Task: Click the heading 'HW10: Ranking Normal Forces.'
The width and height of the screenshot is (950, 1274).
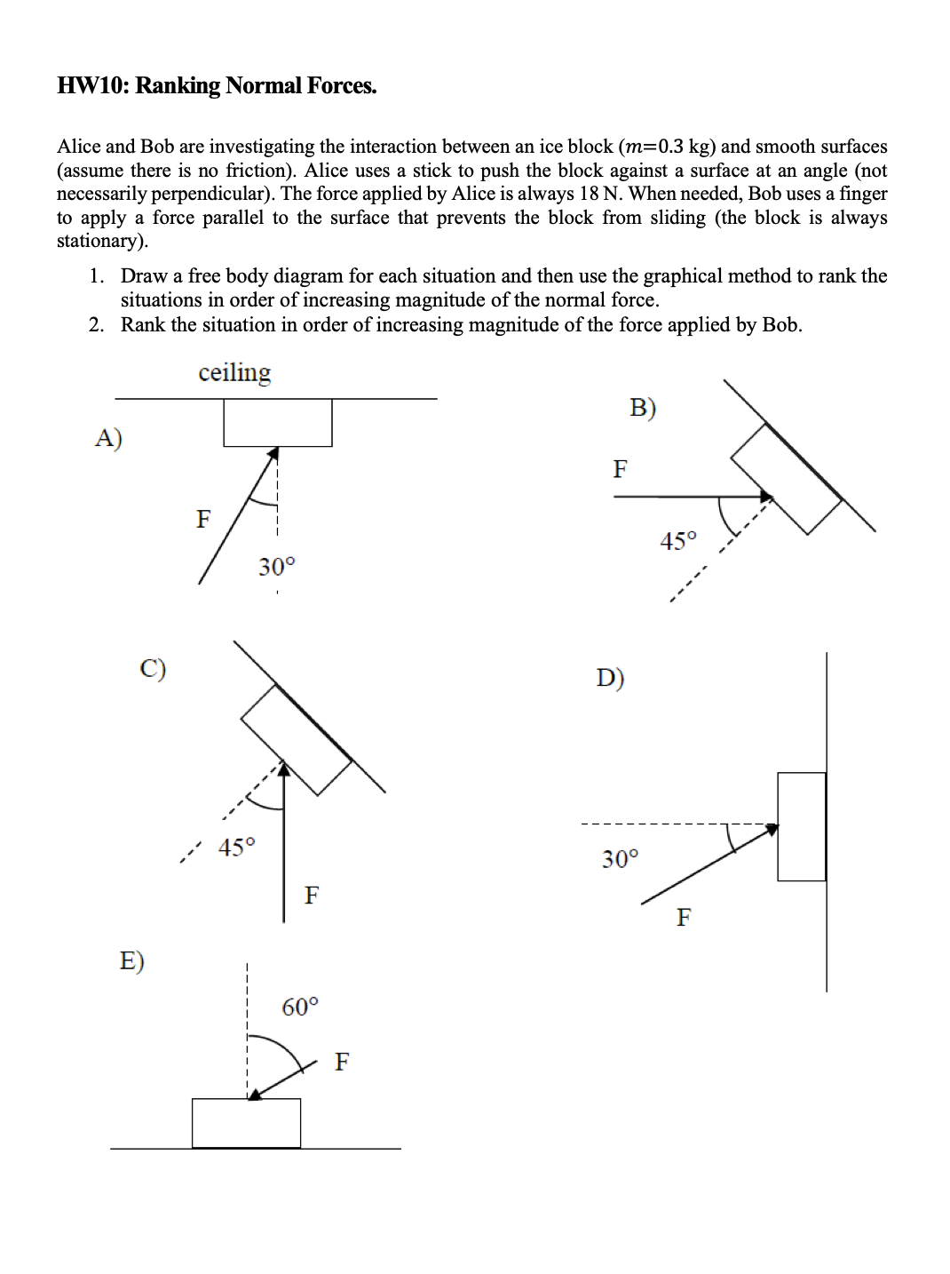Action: (x=217, y=86)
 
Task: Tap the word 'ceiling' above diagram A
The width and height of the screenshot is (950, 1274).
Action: (x=234, y=372)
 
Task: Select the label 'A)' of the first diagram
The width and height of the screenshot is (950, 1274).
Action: (x=108, y=438)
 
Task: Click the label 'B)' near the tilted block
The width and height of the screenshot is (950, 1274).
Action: (x=643, y=408)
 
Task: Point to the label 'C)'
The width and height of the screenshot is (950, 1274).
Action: (x=153, y=668)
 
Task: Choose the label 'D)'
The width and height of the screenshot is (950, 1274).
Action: (x=610, y=679)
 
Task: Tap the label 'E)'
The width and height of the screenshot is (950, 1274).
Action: (x=131, y=960)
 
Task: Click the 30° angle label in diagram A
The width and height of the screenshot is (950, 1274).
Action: (x=276, y=567)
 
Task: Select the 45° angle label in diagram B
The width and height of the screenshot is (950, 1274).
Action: (x=678, y=541)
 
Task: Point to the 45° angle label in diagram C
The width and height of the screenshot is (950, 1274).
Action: (x=236, y=848)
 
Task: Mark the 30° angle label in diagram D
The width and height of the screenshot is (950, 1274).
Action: (x=620, y=859)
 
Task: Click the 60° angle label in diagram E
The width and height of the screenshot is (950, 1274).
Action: (x=300, y=1007)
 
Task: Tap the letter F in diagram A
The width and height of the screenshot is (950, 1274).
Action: (x=203, y=519)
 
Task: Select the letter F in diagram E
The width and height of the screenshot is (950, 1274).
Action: (x=342, y=1062)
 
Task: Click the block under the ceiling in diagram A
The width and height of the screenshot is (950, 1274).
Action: (x=277, y=422)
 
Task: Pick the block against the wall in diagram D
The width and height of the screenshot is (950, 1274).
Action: (x=801, y=826)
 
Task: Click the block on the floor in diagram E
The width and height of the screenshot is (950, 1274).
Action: (x=246, y=1123)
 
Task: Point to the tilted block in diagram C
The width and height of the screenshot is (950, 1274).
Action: (x=297, y=740)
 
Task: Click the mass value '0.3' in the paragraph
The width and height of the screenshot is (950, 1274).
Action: (x=671, y=147)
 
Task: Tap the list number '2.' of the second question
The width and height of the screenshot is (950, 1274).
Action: (x=97, y=325)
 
